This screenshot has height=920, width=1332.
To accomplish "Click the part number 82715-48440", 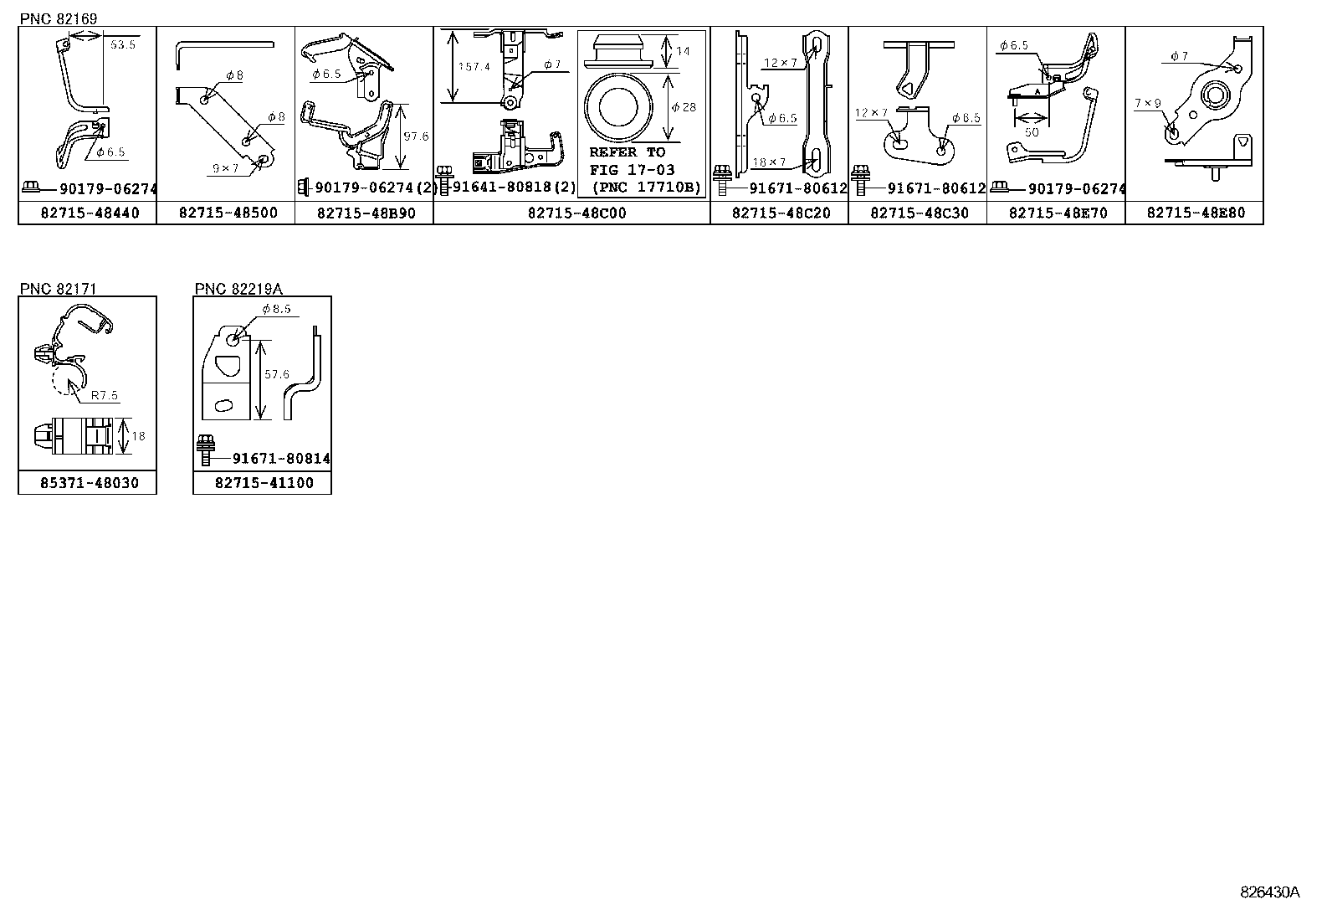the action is (90, 213).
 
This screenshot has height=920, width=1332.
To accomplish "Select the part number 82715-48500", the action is (228, 213).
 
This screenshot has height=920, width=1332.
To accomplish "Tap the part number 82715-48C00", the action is (576, 213).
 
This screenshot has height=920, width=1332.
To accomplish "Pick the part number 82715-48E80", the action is (1196, 213).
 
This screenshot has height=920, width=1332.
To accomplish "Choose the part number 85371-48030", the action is (90, 483).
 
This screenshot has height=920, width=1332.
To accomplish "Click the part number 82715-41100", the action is (264, 483).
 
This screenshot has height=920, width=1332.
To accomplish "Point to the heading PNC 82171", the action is (59, 289).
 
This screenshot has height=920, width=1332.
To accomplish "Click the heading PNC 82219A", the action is (238, 289).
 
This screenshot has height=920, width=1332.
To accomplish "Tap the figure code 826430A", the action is (1269, 892).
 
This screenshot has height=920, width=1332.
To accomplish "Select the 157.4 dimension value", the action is (474, 67).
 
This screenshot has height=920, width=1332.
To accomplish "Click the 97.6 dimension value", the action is (417, 136).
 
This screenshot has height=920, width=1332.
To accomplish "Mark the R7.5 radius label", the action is (104, 395).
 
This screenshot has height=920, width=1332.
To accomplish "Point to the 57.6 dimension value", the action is (277, 373).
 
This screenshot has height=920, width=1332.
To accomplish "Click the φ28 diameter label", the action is (684, 107).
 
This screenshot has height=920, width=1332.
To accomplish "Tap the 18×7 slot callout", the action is (770, 162).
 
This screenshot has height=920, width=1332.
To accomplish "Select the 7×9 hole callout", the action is (1148, 103).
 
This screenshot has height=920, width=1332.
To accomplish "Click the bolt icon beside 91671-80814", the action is (206, 450).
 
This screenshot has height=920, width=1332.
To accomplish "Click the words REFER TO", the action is (628, 152).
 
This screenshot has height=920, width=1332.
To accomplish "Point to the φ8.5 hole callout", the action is (276, 308).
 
